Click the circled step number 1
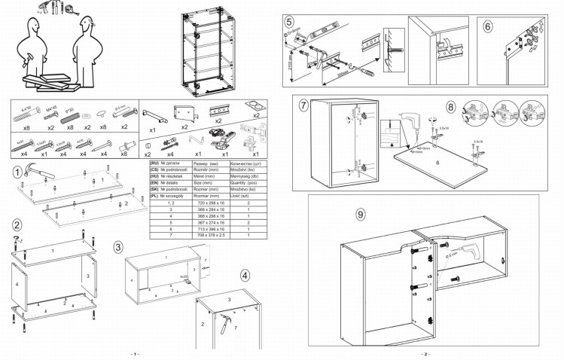pos(17,172)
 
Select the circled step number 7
pos(304,105)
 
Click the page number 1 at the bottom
pos(135,354)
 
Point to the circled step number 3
pos(118,246)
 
